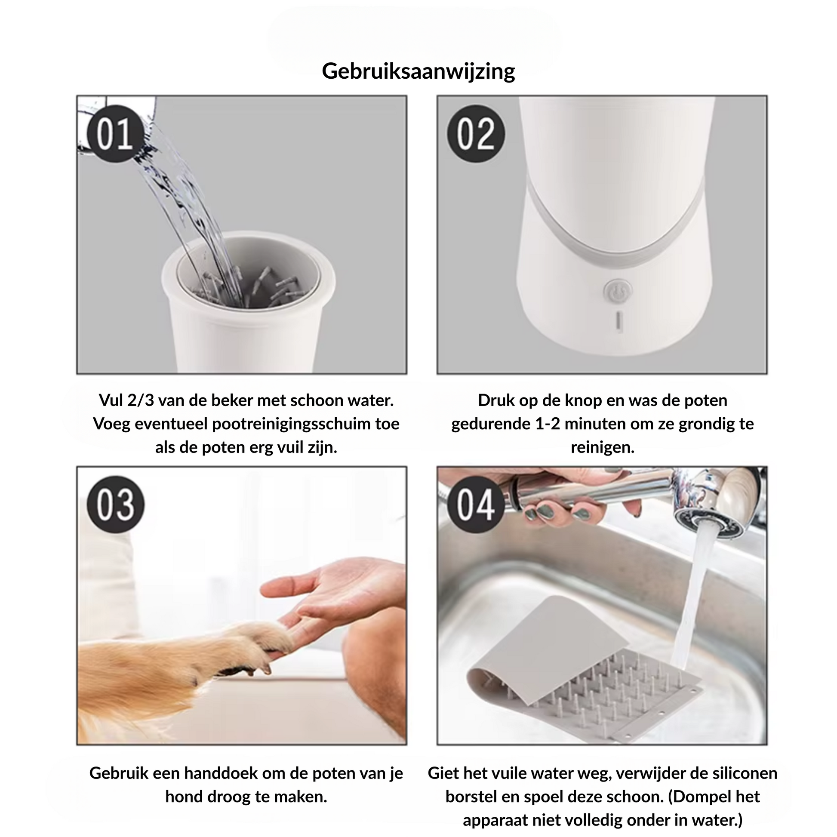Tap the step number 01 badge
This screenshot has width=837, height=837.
point(115,133)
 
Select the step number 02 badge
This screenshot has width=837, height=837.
point(476,133)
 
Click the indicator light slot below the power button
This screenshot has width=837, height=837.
point(619,321)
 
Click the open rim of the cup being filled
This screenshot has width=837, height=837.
point(249,262)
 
